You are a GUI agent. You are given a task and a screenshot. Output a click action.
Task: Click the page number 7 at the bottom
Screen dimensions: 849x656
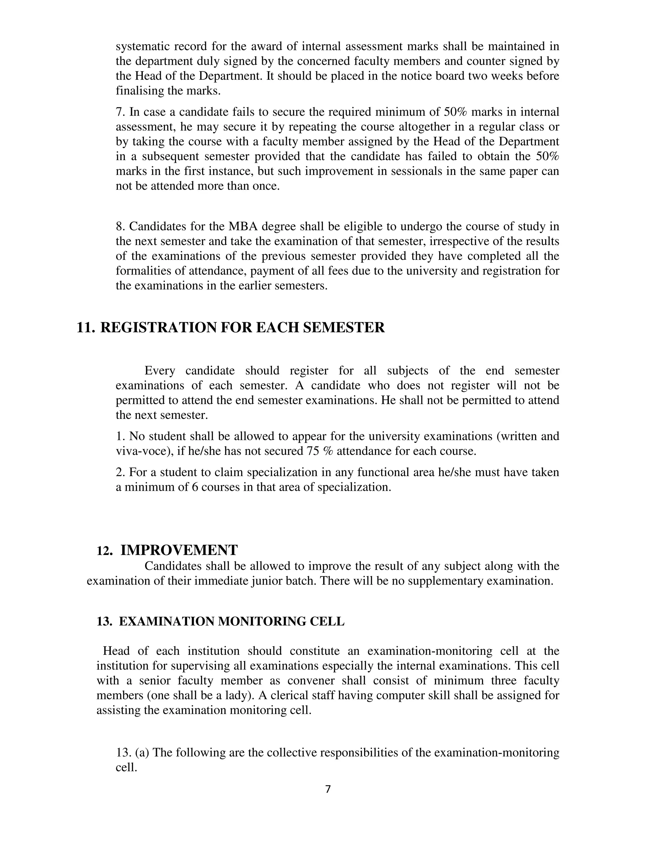(328, 789)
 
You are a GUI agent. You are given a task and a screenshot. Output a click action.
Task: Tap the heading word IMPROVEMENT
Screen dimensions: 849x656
(179, 550)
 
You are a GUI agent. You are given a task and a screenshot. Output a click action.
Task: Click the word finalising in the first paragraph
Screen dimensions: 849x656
(140, 91)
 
